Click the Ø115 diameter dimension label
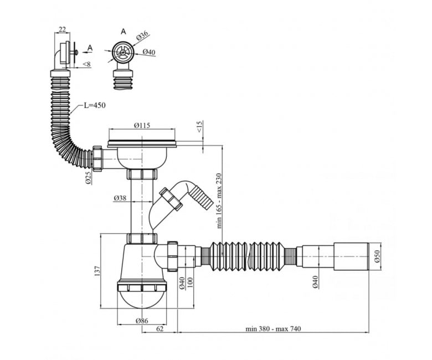[x=142, y=125]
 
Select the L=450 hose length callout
[x=95, y=105]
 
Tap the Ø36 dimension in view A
[x=142, y=36]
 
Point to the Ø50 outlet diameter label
[x=377, y=256]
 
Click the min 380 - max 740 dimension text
[x=273, y=328]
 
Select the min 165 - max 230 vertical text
[x=219, y=200]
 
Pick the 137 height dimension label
[x=97, y=271]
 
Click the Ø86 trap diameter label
[x=142, y=321]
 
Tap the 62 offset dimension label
[x=160, y=328]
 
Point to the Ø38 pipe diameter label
[x=120, y=198]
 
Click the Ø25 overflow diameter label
[x=88, y=178]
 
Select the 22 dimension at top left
[x=62, y=29]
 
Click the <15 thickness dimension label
[x=199, y=126]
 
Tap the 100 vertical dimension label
[x=190, y=282]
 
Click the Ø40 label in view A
[x=149, y=52]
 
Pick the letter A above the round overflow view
[x=124, y=32]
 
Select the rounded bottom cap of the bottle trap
[x=142, y=300]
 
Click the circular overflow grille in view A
[x=123, y=52]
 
